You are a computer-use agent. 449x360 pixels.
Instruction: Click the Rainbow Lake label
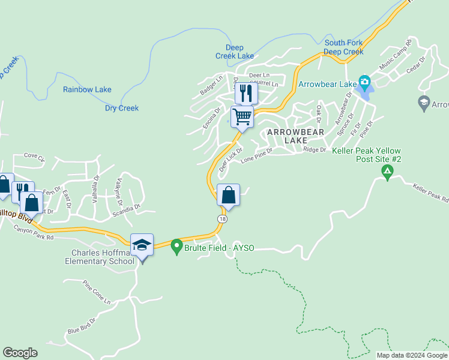coord(87,90)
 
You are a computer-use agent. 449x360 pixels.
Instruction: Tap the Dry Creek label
coord(122,109)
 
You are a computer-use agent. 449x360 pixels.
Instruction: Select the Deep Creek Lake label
coord(235,52)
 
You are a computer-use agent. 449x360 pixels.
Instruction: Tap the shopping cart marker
coord(242,116)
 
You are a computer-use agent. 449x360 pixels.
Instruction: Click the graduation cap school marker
coord(142,245)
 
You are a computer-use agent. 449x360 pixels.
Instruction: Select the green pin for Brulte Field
coord(176,246)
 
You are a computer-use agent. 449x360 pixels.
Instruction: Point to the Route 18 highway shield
coord(223,220)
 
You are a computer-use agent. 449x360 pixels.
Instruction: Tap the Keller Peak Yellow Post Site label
coord(366,155)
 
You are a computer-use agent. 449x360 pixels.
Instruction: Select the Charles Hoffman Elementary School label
coord(100,257)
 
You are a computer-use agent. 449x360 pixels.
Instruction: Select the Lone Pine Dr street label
coord(256,156)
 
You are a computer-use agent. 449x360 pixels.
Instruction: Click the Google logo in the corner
coord(20,353)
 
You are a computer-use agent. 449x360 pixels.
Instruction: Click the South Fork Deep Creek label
coord(344,47)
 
